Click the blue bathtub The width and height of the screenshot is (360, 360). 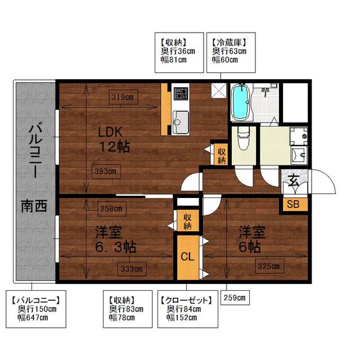click(240, 102)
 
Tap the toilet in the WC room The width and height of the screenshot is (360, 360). click(244, 139)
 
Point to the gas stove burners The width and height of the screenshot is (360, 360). click(181, 94)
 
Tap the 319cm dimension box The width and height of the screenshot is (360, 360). click(124, 97)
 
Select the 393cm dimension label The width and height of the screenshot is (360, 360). click(106, 172)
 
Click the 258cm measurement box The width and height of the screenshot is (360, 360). click(112, 209)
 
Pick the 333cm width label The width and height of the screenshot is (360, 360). click(132, 269)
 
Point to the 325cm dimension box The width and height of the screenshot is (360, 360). click(269, 266)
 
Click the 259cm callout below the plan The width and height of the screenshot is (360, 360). click(235, 298)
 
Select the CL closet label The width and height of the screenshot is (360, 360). click(188, 256)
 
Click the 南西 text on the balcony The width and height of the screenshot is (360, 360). click(34, 206)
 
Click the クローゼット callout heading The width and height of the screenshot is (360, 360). click(186, 300)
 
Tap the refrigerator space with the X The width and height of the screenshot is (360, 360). click(219, 91)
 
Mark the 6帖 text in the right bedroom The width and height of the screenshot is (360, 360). click(250, 247)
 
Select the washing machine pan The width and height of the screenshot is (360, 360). click(299, 136)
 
